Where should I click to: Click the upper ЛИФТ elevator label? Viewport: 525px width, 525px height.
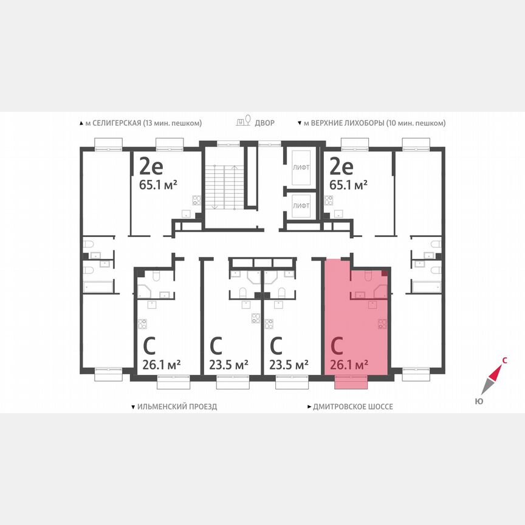301,166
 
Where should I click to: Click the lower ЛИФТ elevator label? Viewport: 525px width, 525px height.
301,206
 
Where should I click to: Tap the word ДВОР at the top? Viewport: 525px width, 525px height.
264,123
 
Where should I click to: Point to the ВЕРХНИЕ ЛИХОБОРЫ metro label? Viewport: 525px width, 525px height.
374,123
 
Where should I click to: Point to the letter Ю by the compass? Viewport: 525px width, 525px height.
479,401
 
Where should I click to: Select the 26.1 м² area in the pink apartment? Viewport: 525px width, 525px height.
350,365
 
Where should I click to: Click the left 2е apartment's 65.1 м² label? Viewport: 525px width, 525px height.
157,185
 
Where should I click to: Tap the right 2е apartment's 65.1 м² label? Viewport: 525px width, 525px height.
348,185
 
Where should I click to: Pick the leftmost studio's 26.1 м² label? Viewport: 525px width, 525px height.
162,365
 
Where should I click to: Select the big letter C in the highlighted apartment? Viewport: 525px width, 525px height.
338,346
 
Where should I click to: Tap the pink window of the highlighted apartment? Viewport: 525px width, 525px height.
351,382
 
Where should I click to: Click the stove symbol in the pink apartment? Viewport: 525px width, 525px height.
382,324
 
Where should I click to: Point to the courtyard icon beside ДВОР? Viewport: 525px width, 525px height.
244,122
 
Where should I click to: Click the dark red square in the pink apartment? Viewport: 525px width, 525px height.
385,273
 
